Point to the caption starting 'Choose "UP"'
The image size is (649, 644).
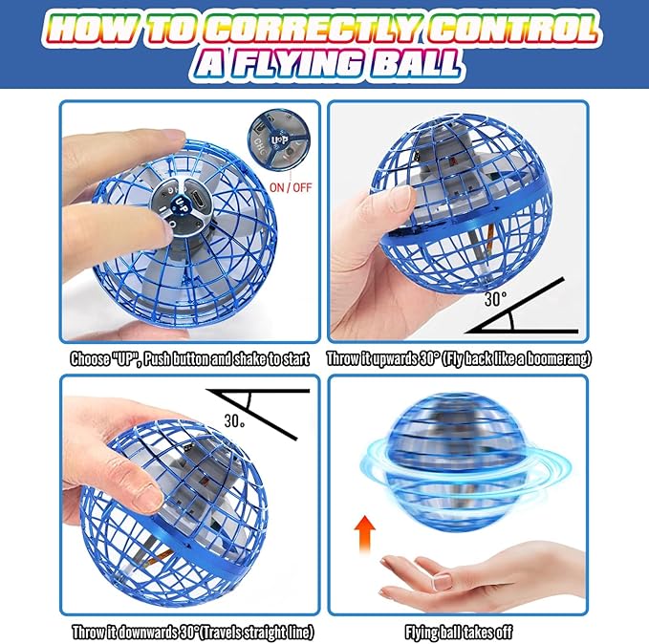[x=190, y=359]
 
